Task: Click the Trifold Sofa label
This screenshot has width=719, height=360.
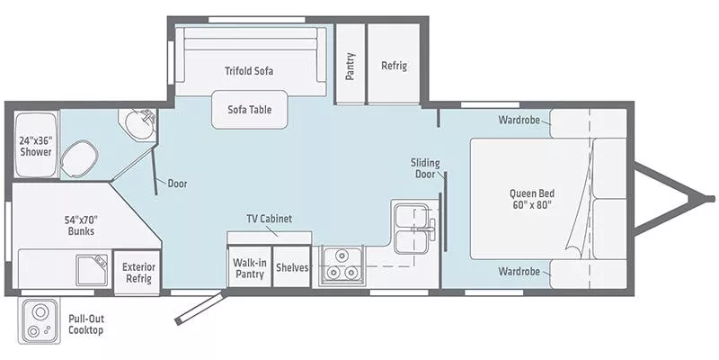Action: (249, 70)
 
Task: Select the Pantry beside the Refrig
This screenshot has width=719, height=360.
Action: (351, 65)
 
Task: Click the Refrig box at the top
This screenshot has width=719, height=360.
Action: (394, 65)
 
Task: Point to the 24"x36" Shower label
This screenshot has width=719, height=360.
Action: (36, 145)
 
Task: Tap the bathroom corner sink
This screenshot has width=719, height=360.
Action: (139, 125)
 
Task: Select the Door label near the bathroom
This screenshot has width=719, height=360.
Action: (177, 184)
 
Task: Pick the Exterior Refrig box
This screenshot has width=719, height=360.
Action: (138, 273)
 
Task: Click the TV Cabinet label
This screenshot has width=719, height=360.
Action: (270, 219)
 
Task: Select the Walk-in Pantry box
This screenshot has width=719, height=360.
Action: (249, 267)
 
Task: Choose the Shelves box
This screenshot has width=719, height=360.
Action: (291, 267)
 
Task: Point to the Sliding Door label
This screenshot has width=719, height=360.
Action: (425, 168)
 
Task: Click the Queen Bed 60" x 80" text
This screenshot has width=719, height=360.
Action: (530, 198)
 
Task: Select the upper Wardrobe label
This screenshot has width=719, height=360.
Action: (523, 120)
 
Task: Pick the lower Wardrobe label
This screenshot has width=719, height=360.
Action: (523, 271)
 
